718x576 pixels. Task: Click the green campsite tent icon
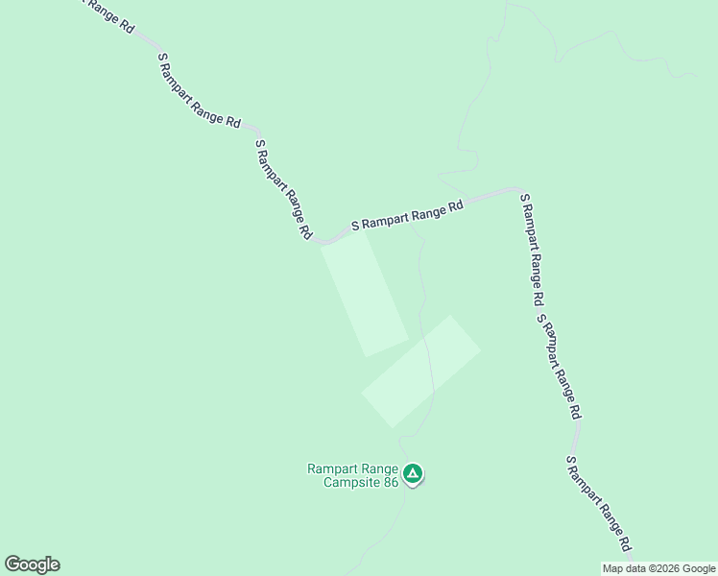(x=413, y=473)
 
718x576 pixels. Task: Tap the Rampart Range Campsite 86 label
(x=352, y=475)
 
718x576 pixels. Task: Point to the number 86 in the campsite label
(x=389, y=482)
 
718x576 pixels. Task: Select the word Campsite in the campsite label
(x=351, y=482)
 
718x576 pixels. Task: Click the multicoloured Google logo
(x=32, y=564)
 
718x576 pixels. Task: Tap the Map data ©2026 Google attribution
(x=658, y=568)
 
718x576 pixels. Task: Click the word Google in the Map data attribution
(x=699, y=568)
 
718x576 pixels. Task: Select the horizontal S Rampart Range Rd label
(x=407, y=214)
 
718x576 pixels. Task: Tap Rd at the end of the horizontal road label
(x=455, y=204)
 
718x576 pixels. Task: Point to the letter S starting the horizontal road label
(x=355, y=227)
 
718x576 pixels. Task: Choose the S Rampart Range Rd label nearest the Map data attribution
(x=598, y=503)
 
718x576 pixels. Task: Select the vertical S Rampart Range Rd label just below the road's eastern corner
(x=532, y=248)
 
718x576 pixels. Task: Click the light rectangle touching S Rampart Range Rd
(x=365, y=293)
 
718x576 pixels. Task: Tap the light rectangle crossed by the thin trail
(x=420, y=371)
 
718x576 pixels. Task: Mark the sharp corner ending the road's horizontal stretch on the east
(x=518, y=190)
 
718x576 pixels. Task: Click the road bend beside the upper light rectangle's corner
(x=323, y=242)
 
